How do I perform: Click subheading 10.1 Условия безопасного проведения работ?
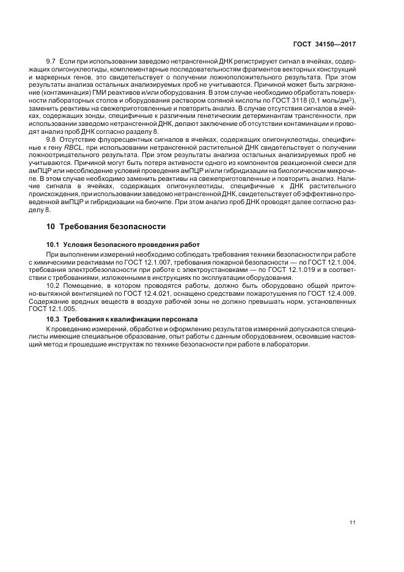coord(123,244)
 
